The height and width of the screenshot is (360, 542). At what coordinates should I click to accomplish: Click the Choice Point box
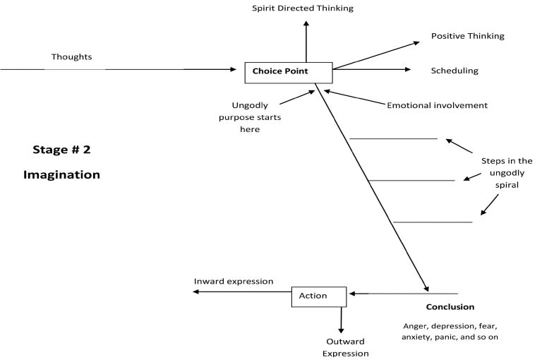pyautogui.click(x=287, y=71)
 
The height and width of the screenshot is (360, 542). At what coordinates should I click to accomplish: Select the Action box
pyautogui.click(x=319, y=296)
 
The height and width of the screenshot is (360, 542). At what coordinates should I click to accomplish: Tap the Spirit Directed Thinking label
pyautogui.click(x=303, y=8)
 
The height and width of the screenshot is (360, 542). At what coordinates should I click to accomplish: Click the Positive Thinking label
pyautogui.click(x=467, y=36)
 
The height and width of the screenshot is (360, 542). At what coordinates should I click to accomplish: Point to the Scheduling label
pyautogui.click(x=454, y=71)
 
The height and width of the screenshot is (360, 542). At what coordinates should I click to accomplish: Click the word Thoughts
pyautogui.click(x=71, y=56)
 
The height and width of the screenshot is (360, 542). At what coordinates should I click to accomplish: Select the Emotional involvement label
pyautogui.click(x=437, y=105)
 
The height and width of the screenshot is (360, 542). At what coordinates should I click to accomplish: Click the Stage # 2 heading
pyautogui.click(x=61, y=150)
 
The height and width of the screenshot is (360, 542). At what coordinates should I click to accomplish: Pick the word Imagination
pyautogui.click(x=61, y=174)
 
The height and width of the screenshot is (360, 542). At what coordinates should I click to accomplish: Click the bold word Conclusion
pyautogui.click(x=450, y=307)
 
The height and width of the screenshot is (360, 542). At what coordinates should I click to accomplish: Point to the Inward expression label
pyautogui.click(x=234, y=281)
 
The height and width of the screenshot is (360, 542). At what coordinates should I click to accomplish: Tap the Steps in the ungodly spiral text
pyautogui.click(x=507, y=173)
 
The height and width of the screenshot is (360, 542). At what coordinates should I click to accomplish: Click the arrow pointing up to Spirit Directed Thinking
pyautogui.click(x=306, y=41)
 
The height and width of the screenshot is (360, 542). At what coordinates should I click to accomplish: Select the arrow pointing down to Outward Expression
pyautogui.click(x=342, y=320)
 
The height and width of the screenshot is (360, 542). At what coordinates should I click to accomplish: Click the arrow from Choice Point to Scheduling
pyautogui.click(x=371, y=69)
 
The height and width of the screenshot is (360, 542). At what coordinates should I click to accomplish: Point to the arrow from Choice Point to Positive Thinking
pyautogui.click(x=375, y=55)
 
